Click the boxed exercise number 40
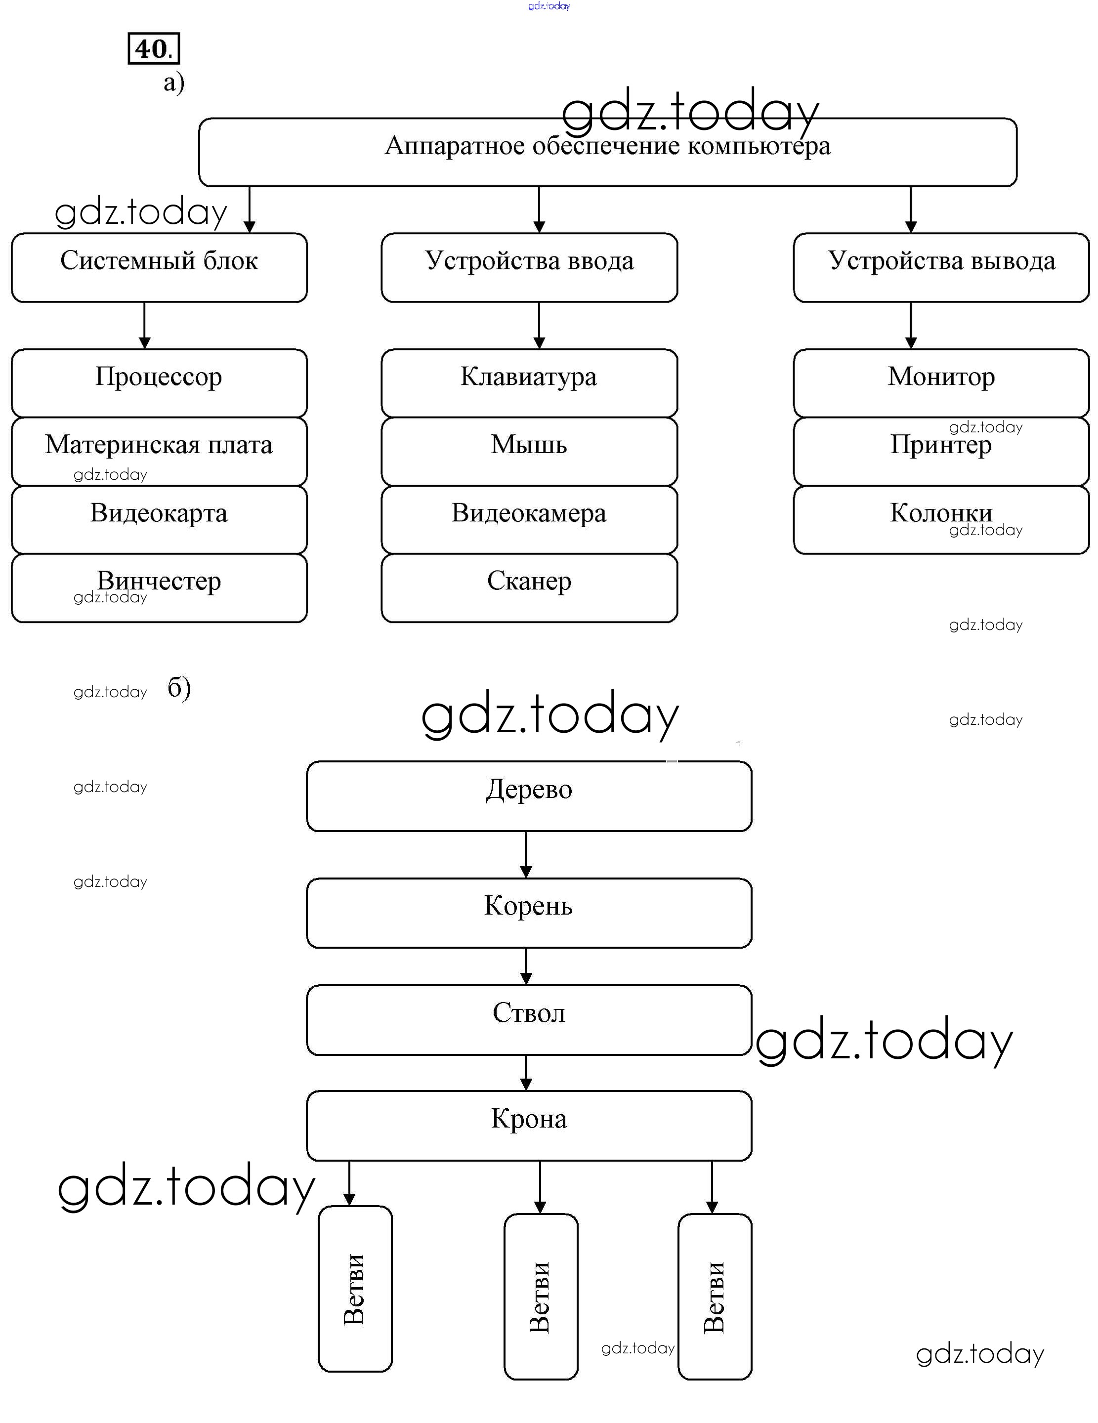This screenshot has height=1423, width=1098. click(153, 49)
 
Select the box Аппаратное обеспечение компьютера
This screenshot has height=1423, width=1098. click(607, 152)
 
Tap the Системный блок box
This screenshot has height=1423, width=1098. click(159, 267)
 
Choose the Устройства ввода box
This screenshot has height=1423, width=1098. click(529, 267)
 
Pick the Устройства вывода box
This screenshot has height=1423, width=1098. click(941, 267)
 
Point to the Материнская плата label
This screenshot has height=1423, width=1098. click(159, 445)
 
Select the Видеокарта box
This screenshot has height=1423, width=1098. click(159, 519)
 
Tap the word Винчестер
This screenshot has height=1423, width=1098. click(159, 581)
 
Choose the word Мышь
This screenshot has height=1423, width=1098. click(529, 445)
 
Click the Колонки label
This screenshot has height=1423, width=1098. click(941, 513)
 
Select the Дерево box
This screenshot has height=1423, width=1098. click(529, 795)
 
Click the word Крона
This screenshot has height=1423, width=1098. click(529, 1119)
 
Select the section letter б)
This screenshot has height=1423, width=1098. click(178, 688)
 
